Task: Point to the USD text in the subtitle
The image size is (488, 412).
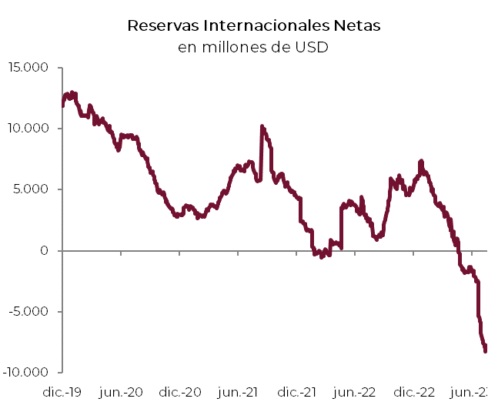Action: pos(312,47)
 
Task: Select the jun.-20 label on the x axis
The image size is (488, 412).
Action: pos(122,393)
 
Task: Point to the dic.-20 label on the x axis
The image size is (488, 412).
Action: pos(181,393)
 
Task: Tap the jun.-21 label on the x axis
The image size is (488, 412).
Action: pos(239,393)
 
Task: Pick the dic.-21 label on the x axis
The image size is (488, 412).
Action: pos(298,393)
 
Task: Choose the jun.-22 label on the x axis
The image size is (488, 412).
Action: pos(356,393)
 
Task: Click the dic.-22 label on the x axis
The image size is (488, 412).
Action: pos(416,393)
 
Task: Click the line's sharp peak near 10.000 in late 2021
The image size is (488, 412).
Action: pos(262,126)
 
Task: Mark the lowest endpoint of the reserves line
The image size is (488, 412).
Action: pos(485,351)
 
